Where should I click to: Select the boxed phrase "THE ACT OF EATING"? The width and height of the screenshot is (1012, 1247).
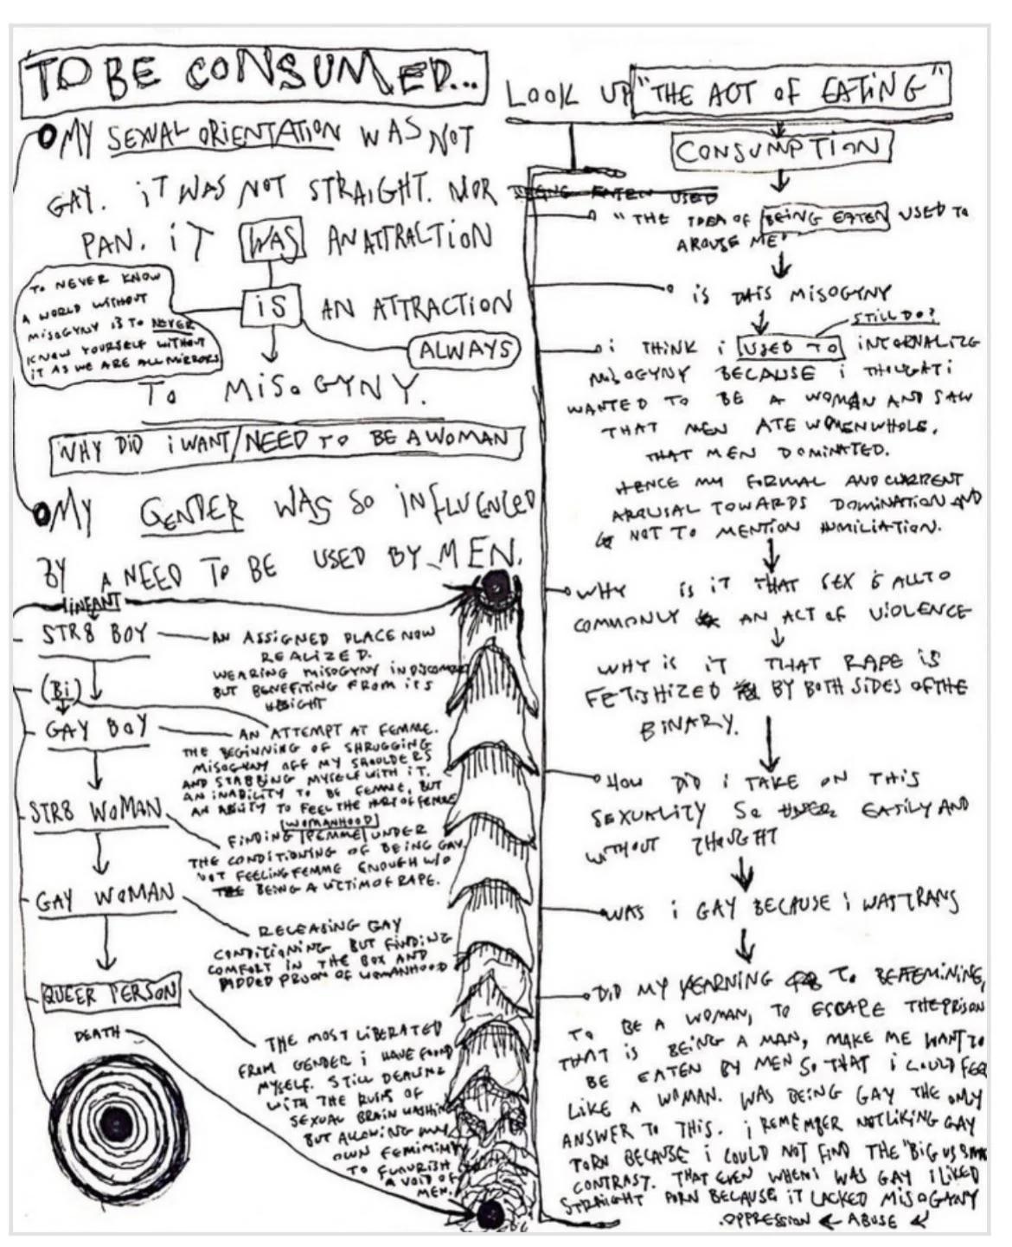(x=791, y=91)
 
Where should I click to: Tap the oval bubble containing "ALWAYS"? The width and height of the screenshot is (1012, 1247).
(x=464, y=350)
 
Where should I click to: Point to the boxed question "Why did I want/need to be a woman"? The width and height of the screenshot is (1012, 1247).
(x=285, y=442)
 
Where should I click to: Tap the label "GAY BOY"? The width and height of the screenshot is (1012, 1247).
(x=94, y=729)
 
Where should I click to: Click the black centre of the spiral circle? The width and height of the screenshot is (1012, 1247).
(x=114, y=1125)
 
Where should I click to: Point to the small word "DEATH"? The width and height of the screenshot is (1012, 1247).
(x=97, y=1033)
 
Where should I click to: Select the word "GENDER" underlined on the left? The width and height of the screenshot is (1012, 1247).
(x=193, y=517)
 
